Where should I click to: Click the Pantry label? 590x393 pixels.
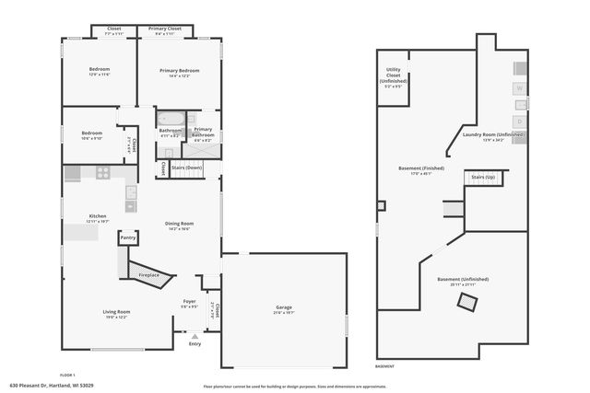[x=129, y=237]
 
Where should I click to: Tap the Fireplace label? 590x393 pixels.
[x=149, y=274]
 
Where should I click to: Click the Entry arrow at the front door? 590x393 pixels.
[x=195, y=338]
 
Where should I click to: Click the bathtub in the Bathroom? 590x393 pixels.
[x=171, y=119]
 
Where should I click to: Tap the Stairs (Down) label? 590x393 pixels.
[x=186, y=168]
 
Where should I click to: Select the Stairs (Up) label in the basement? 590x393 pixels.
[x=484, y=176]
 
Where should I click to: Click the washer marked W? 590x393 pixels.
[x=519, y=88]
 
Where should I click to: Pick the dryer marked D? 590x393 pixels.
[x=519, y=120]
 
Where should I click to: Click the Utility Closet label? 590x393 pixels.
[x=393, y=78]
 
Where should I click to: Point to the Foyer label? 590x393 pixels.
[x=189, y=302]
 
